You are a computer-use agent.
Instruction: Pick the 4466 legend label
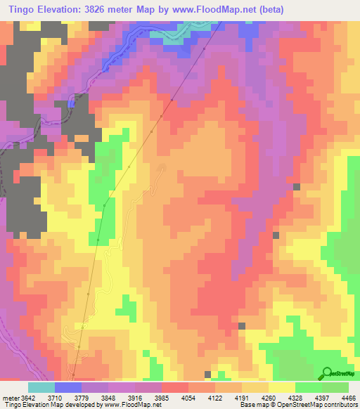coord(349,397)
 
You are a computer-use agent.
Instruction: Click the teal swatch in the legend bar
coord(41,387)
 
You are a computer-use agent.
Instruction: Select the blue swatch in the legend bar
coord(67,387)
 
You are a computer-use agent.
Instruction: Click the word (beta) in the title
coord(295,9)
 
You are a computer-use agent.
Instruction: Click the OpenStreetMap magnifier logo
coord(326,372)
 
